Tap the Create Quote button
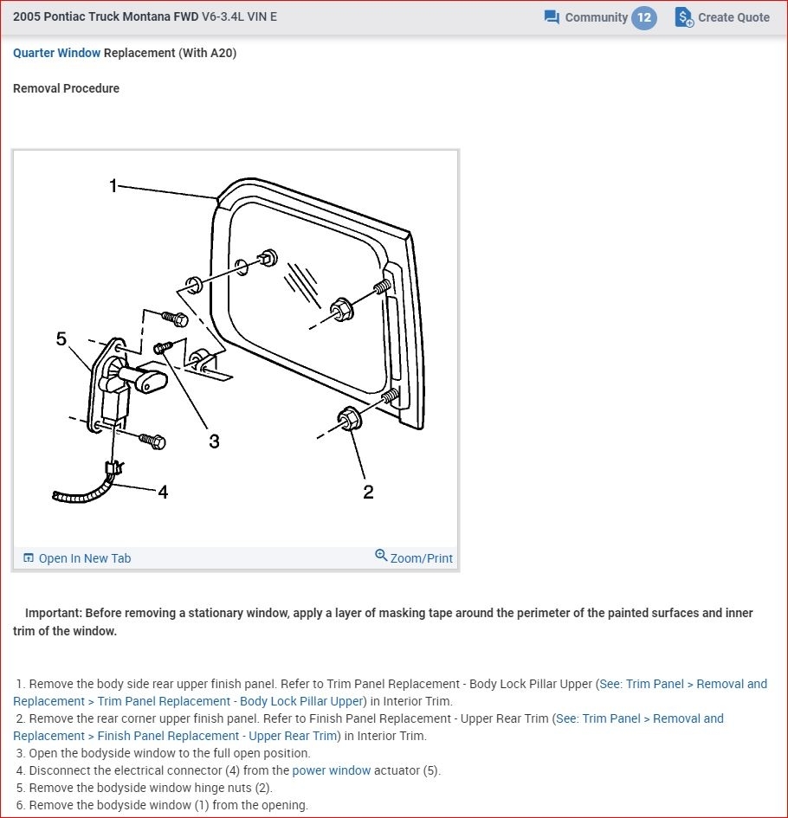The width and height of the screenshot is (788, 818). click(722, 17)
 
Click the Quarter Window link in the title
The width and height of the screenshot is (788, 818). click(56, 53)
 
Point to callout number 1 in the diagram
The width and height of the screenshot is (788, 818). click(113, 186)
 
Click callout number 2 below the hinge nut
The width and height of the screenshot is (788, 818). click(368, 492)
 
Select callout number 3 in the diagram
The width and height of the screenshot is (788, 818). click(214, 441)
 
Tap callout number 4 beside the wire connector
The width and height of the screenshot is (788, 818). click(163, 492)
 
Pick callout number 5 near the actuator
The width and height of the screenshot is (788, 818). click(61, 339)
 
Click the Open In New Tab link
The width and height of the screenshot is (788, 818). click(77, 558)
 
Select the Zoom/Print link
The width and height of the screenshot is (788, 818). click(414, 557)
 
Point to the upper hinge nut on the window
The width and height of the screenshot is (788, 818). click(342, 309)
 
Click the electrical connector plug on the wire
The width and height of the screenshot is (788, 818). click(113, 468)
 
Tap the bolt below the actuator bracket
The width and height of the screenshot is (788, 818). click(152, 441)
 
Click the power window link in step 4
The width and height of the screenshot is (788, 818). click(332, 770)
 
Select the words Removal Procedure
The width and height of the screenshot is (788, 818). click(67, 88)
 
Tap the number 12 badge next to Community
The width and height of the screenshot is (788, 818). click(644, 17)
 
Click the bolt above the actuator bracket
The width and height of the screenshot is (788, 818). click(175, 318)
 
